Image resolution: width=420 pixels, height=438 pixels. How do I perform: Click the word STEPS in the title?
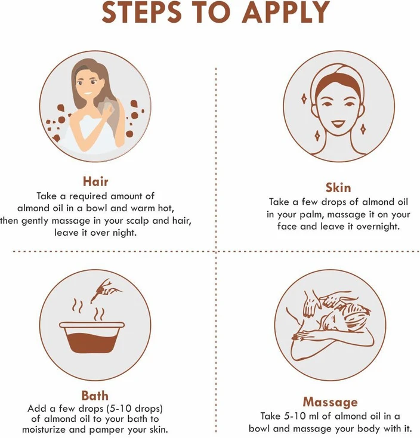(x=141, y=13)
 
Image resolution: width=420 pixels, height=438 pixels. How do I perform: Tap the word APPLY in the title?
(x=286, y=13)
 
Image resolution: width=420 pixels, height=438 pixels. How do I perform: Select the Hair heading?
(x=95, y=181)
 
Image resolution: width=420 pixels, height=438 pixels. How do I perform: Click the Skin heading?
(x=338, y=187)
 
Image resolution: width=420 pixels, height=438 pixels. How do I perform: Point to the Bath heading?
(x=95, y=396)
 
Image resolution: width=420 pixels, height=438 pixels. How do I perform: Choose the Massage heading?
(x=331, y=402)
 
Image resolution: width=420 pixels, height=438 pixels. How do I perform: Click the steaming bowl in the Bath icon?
(x=92, y=338)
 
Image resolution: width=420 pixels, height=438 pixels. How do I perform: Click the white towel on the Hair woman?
(x=90, y=132)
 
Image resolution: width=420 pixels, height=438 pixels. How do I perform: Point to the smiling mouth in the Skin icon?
(x=337, y=124)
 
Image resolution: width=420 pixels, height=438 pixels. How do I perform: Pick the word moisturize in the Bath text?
(x=44, y=429)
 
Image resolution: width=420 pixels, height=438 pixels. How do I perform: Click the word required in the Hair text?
(x=88, y=196)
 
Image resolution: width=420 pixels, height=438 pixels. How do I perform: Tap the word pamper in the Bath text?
(x=107, y=429)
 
